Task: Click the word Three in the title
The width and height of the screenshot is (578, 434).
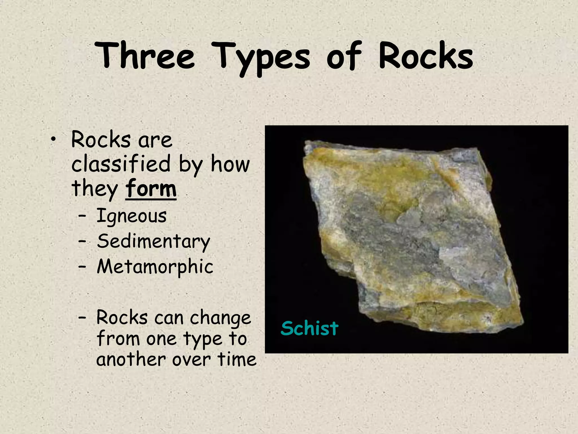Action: click(x=145, y=55)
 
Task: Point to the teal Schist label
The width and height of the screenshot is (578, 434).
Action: click(x=310, y=328)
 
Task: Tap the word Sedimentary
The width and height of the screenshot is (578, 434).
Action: click(x=154, y=242)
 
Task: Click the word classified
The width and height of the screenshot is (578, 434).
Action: click(x=121, y=164)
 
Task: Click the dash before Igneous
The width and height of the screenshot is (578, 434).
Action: click(x=82, y=217)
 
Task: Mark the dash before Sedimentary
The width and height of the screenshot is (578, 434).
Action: click(x=82, y=242)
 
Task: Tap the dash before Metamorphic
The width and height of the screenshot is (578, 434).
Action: click(x=82, y=267)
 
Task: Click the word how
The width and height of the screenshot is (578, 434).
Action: click(x=230, y=164)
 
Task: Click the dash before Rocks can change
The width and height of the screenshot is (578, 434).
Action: click(x=82, y=318)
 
